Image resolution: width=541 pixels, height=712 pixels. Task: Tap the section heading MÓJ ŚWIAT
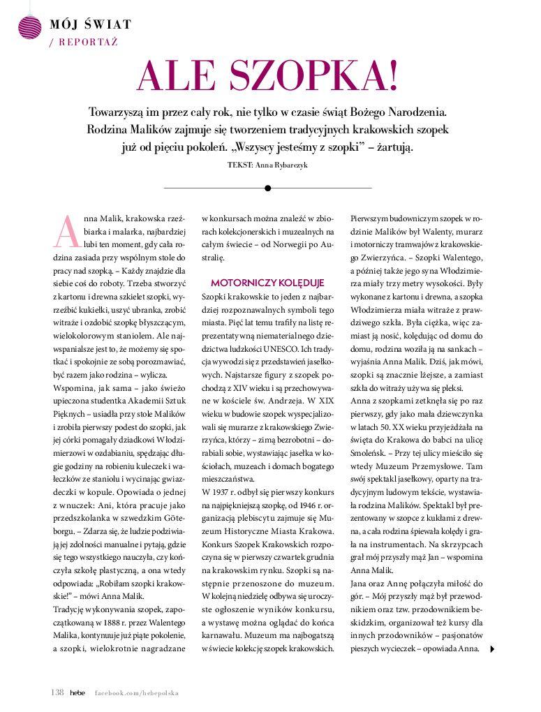[x=91, y=25]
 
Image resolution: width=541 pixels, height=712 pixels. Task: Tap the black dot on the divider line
[x=267, y=188]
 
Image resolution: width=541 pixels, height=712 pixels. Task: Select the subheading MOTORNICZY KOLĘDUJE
[x=268, y=283]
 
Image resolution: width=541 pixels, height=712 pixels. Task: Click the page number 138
[x=57, y=692]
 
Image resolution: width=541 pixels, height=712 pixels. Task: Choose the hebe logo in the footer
[x=77, y=692]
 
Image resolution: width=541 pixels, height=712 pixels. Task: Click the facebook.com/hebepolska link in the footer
[x=137, y=692]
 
